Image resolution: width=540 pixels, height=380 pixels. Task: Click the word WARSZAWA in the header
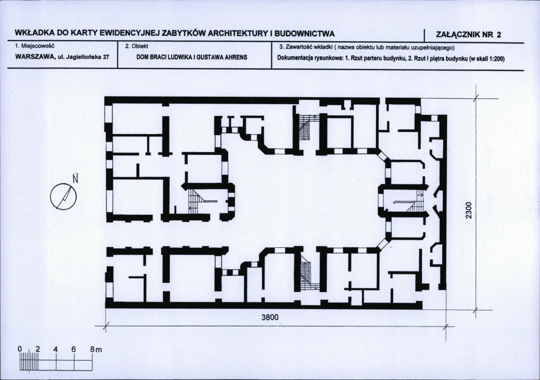[x=34, y=57]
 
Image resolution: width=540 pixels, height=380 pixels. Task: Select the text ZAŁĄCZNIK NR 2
[x=468, y=34]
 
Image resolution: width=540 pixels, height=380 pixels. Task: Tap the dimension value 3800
[x=270, y=317]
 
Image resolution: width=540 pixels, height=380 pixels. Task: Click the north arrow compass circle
[x=64, y=196]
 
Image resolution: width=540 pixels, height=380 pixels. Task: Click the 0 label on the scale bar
[x=20, y=349]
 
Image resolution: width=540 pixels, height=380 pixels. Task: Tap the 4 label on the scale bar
[x=56, y=349]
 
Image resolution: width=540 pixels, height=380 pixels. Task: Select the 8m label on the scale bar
[x=96, y=349]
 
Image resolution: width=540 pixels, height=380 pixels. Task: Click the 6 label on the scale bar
[x=74, y=349]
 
